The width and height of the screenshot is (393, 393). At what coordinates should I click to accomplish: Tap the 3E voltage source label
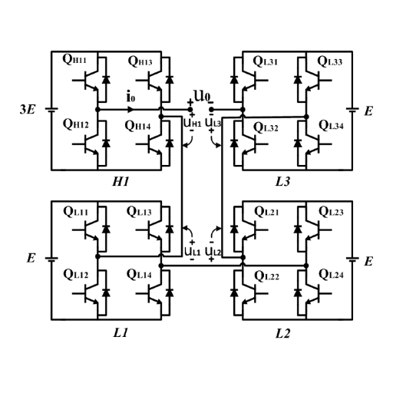click(27, 111)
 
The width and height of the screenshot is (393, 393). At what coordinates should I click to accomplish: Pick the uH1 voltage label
click(191, 122)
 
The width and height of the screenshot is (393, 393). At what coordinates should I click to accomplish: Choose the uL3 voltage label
click(213, 122)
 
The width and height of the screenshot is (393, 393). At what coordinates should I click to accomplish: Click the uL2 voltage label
click(213, 251)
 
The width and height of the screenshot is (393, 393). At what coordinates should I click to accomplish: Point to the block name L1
click(120, 334)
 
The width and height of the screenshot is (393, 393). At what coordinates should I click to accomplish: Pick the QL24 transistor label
click(332, 275)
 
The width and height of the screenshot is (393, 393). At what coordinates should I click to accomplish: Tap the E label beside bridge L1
click(31, 259)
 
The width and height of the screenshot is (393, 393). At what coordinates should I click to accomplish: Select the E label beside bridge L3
click(368, 111)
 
